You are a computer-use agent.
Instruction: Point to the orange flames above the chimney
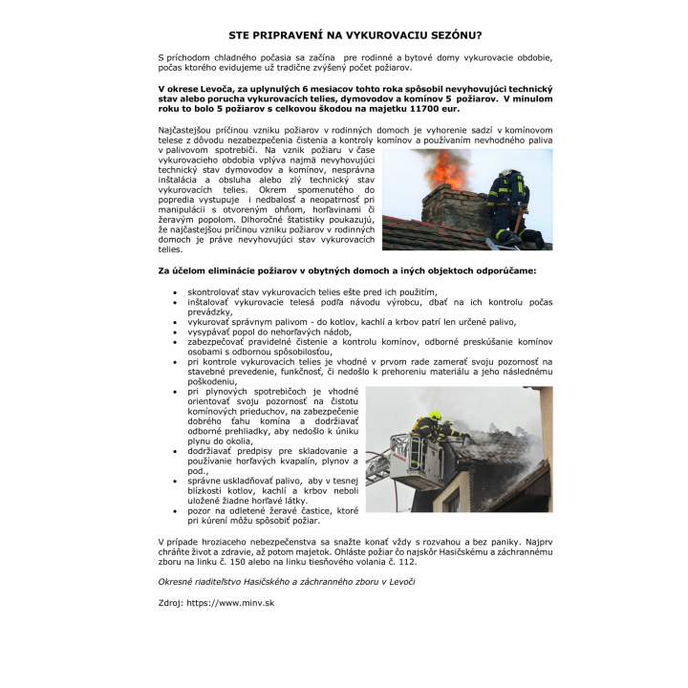442,169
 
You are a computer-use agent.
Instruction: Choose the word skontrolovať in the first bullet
216,291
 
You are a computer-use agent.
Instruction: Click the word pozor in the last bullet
199,510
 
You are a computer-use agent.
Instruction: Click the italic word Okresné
180,580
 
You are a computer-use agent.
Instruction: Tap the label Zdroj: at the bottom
170,603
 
